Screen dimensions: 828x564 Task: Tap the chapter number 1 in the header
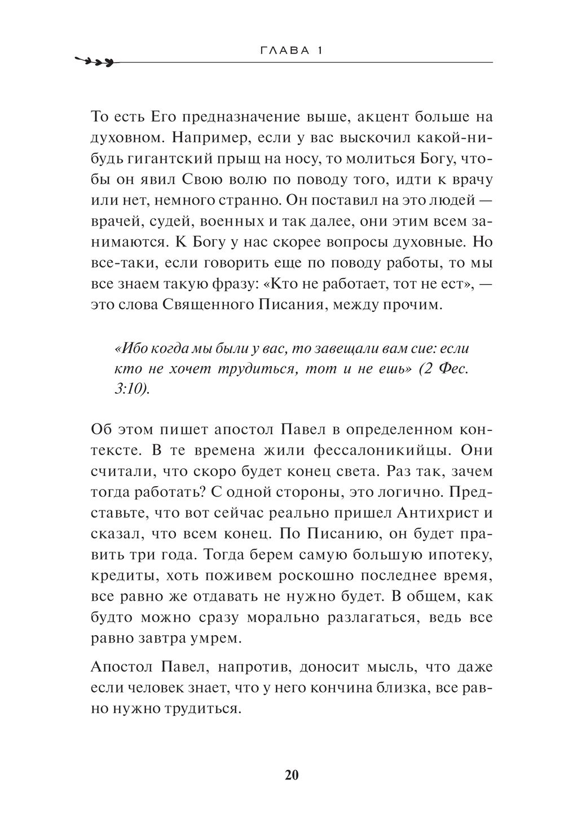click(319, 50)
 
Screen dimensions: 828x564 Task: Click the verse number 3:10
click(131, 389)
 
